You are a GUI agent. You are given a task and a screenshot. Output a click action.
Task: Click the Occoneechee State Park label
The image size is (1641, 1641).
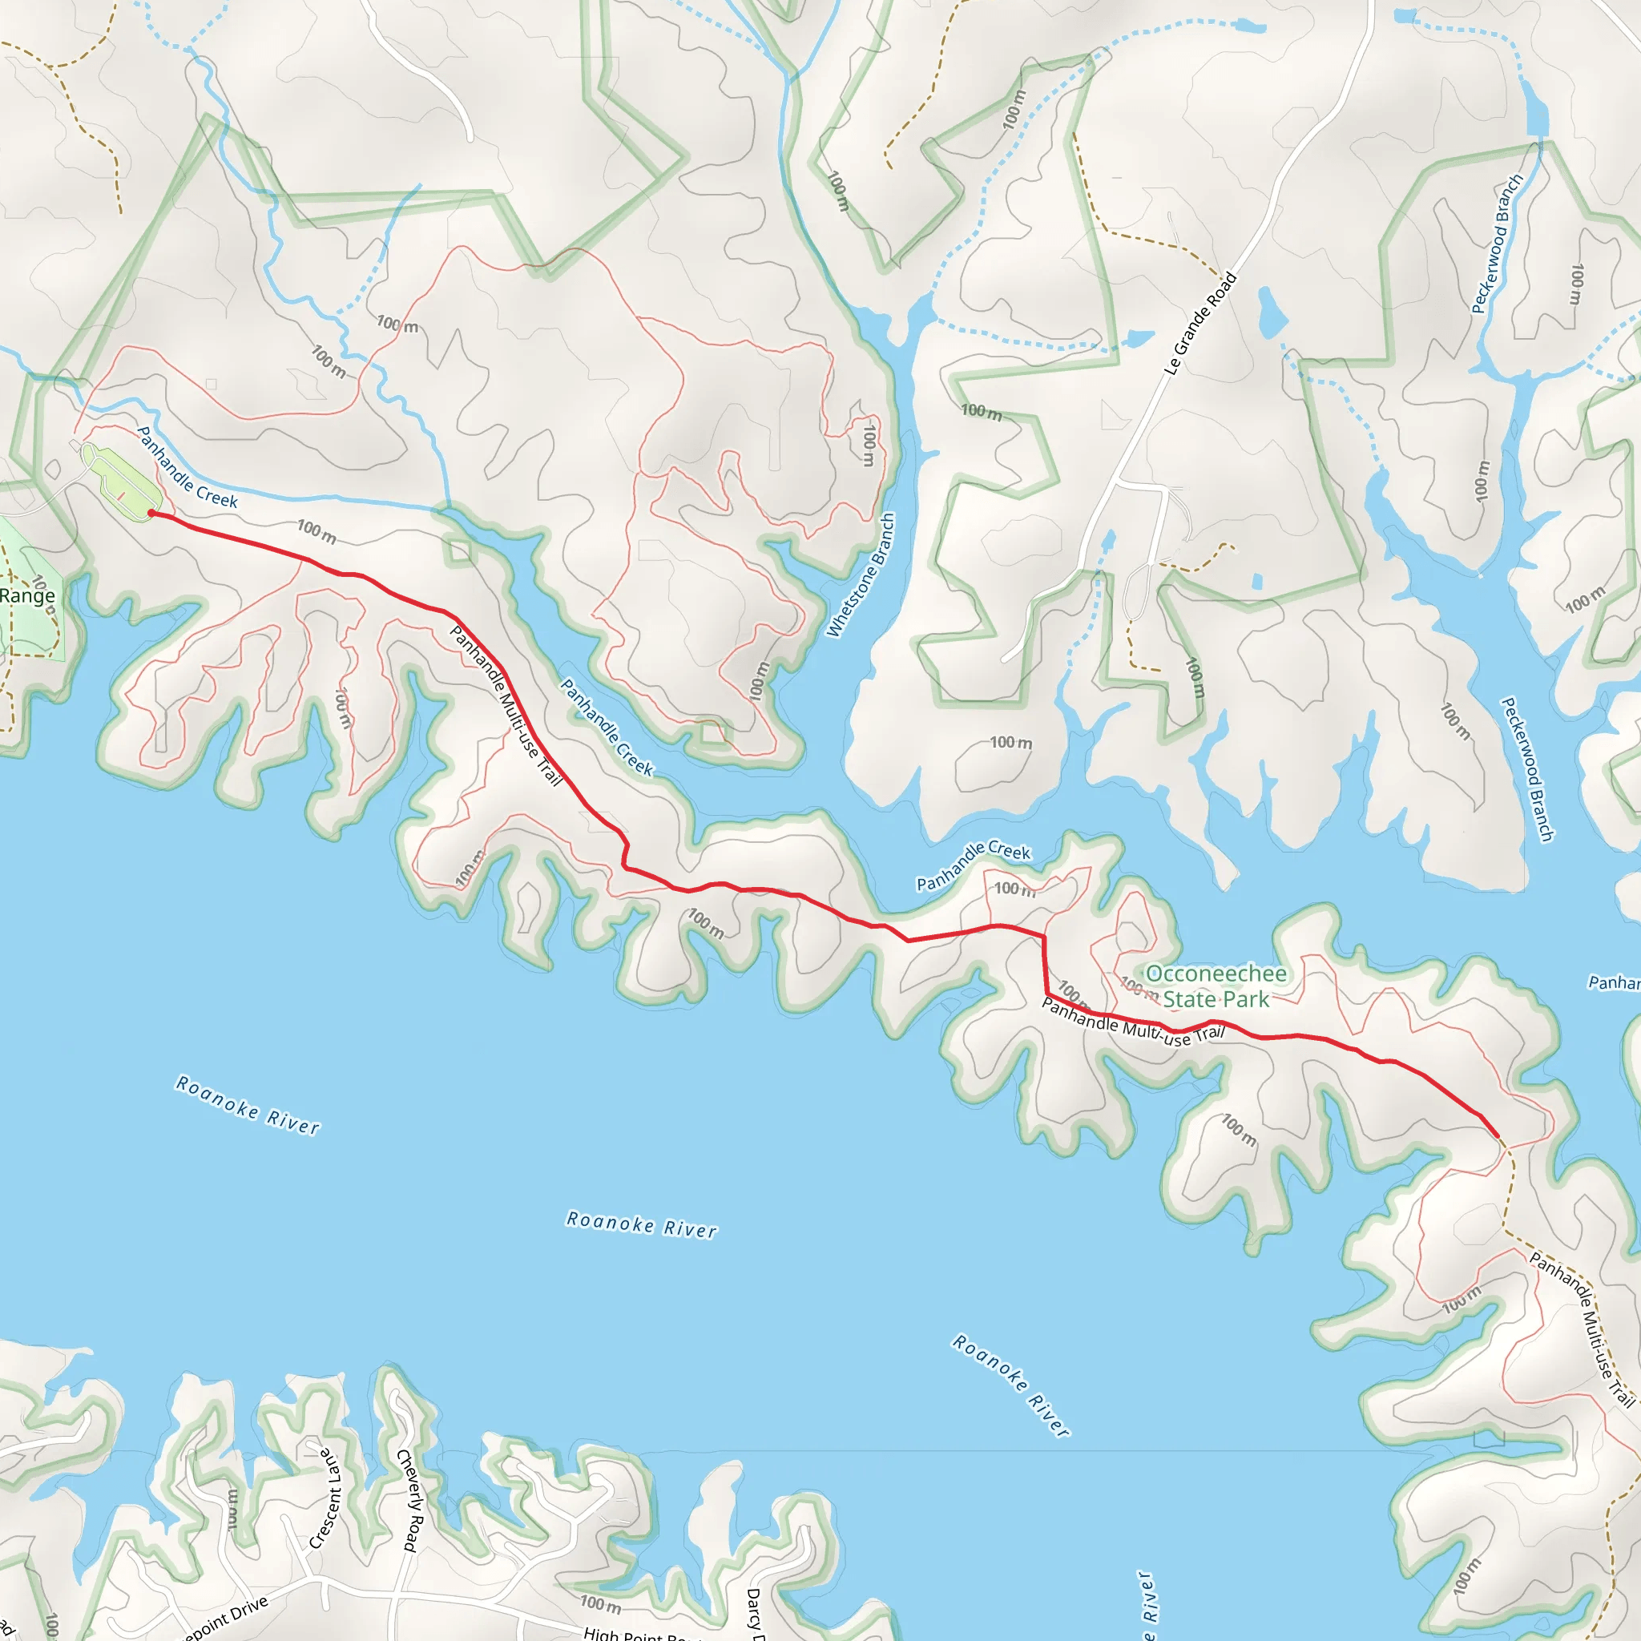point(1216,986)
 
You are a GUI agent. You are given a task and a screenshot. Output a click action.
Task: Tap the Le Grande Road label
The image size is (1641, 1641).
point(1200,324)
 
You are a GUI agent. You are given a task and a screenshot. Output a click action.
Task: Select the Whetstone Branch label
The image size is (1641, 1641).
point(861,575)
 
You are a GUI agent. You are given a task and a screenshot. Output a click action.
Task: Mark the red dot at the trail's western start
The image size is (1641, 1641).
point(152,513)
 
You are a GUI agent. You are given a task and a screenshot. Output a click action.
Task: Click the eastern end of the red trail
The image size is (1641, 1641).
point(1496,1135)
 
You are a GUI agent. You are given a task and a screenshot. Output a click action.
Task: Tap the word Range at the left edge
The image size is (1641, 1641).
point(27,595)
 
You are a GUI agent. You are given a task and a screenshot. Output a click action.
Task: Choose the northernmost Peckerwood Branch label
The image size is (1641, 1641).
point(1498,244)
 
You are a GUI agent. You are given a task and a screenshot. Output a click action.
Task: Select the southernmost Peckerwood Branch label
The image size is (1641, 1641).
point(1527,769)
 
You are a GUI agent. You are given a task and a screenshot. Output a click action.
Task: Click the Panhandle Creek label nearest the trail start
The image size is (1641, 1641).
point(187,468)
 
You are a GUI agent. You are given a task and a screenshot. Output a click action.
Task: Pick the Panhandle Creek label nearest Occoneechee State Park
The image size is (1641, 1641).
point(974,866)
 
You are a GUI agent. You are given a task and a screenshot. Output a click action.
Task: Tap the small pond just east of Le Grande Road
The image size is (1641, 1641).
point(1271,310)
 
